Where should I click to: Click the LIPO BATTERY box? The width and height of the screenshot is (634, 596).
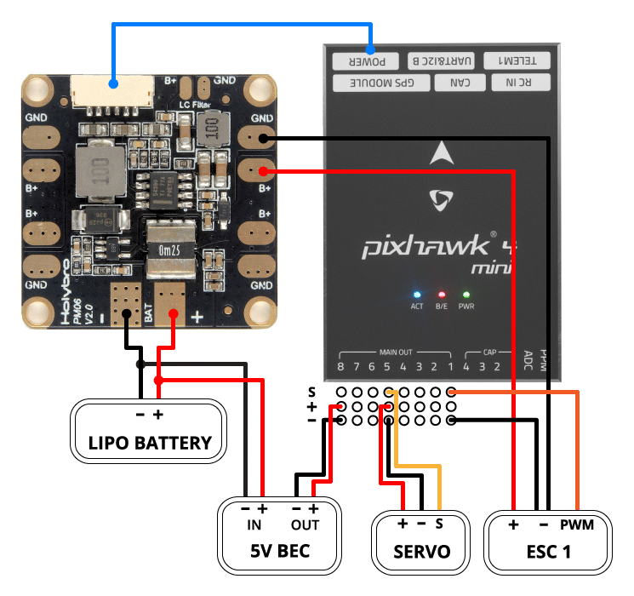[149, 432]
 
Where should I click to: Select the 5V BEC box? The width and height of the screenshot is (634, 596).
[278, 535]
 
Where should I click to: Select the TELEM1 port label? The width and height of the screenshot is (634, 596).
[517, 61]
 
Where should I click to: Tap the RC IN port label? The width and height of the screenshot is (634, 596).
[521, 83]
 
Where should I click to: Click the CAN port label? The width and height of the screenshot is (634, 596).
[460, 83]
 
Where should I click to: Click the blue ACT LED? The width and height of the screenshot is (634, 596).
[417, 294]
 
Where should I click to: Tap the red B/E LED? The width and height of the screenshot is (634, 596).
[442, 294]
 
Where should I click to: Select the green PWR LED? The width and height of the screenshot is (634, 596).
[466, 294]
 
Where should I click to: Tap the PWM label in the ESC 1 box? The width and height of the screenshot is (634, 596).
[576, 524]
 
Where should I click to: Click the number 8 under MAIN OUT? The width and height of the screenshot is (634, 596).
[340, 367]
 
